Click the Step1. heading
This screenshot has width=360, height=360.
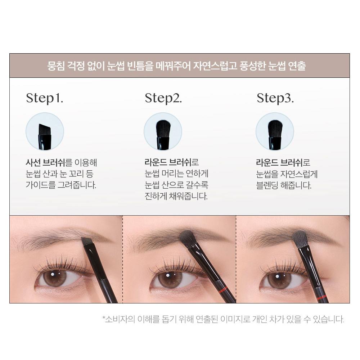click(x=45, y=98)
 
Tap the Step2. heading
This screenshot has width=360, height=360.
click(x=163, y=98)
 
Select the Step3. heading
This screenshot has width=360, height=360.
click(x=275, y=98)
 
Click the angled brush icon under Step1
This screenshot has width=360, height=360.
click(x=45, y=131)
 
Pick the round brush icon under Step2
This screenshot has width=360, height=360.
click(x=163, y=131)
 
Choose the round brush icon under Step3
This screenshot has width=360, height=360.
click(x=275, y=131)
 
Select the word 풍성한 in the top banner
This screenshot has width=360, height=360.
click(x=253, y=66)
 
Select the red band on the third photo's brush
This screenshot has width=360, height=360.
click(x=322, y=297)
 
